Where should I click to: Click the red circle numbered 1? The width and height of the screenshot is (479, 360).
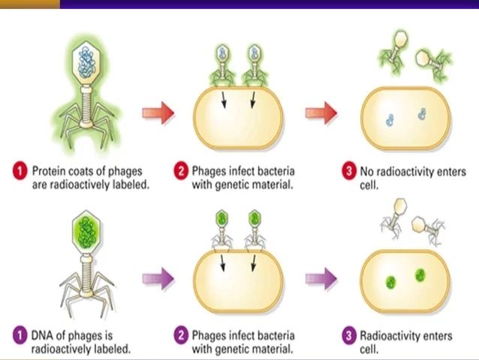click(21, 171)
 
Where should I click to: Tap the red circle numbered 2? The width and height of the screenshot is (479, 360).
click(179, 171)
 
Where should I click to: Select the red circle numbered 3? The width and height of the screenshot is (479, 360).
click(348, 171)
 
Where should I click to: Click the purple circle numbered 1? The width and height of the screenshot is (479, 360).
click(21, 335)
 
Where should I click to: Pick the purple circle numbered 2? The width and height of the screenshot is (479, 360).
click(179, 335)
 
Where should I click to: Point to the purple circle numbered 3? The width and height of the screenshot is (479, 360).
click(348, 335)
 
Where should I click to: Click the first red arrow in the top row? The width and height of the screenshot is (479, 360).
click(158, 113)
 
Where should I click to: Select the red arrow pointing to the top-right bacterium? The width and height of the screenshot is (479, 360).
click(321, 113)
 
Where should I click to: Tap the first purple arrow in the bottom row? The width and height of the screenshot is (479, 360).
click(158, 278)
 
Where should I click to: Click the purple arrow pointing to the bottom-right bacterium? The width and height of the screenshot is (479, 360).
click(321, 278)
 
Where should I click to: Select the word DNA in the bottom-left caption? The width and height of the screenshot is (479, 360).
click(43, 335)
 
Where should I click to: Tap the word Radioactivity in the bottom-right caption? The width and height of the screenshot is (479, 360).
click(391, 335)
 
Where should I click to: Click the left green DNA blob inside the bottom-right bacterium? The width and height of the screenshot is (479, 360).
click(390, 283)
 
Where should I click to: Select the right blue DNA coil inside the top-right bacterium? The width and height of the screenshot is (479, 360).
click(422, 113)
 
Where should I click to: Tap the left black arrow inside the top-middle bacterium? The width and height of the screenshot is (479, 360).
click(224, 100)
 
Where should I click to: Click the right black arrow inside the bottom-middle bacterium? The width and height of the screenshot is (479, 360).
click(253, 263)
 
